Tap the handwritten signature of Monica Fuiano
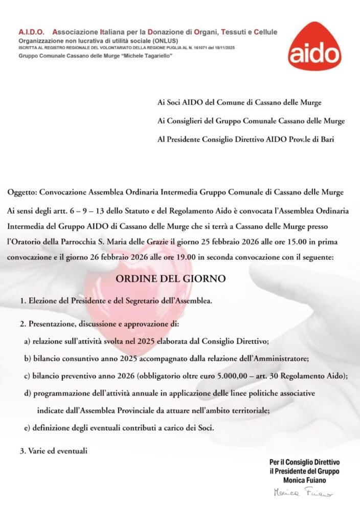(303, 492)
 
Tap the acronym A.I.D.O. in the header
(31, 32)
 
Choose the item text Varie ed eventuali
(58, 451)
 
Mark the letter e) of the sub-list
(27, 428)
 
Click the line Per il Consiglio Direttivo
(304, 463)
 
